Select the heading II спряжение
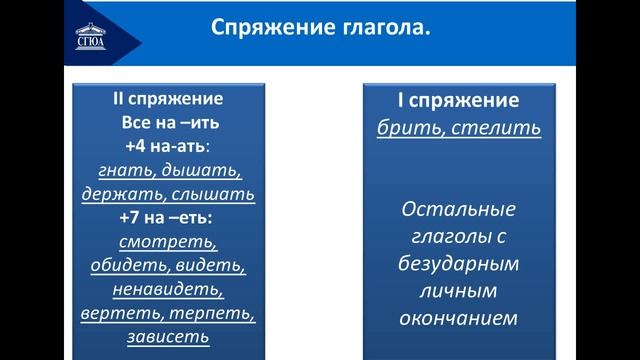pos(167,100)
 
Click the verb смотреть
pos(168,242)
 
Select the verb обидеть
pos(123,266)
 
